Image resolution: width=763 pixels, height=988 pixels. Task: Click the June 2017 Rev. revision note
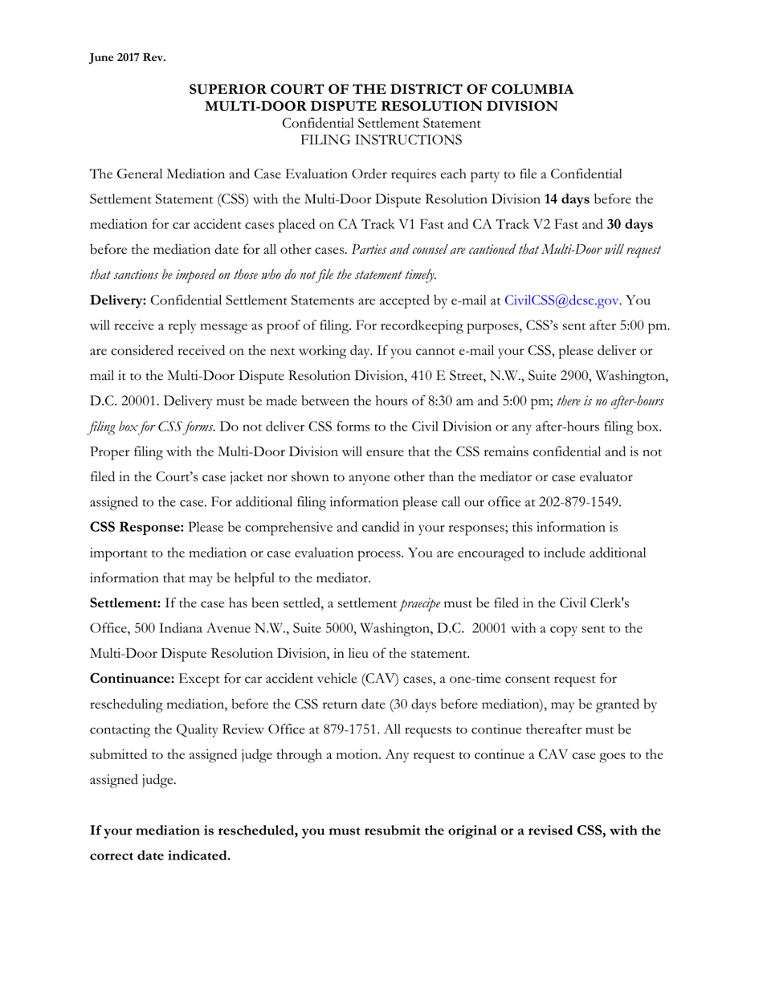pos(127,57)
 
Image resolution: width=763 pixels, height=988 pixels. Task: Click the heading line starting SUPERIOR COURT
pos(381,90)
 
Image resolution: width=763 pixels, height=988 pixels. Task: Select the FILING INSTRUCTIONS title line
pos(381,140)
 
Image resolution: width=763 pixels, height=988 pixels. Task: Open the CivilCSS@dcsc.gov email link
pos(561,300)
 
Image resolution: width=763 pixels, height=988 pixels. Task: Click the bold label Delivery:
pos(118,300)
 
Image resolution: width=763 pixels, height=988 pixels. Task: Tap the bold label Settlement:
pos(125,602)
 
